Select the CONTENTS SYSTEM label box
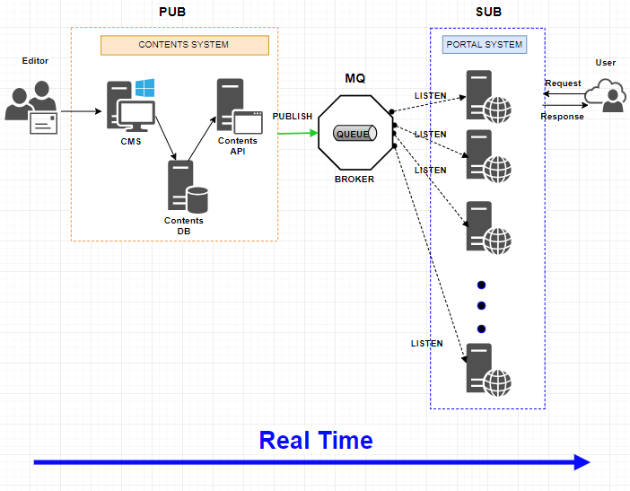184,45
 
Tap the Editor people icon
30,107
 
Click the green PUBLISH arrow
298,134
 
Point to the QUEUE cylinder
354,134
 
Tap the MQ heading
355,79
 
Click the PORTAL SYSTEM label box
485,44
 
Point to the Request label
563,83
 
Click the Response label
562,117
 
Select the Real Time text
315,440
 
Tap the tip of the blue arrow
589,462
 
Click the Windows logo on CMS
144,88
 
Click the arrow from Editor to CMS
80,112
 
